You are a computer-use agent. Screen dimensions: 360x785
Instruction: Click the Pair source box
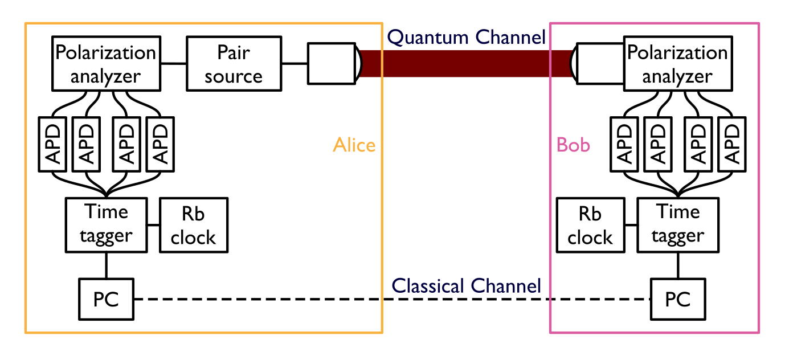coord(234,63)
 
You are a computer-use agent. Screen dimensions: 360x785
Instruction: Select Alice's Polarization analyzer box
coord(105,63)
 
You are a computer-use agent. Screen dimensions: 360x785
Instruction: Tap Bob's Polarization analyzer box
coord(677,63)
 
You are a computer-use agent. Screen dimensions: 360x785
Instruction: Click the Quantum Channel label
coord(466,38)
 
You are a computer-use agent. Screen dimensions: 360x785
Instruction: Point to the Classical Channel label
coord(466,285)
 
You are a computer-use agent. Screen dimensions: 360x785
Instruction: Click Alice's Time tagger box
coord(106,224)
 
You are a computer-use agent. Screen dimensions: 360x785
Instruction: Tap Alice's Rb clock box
coord(194,225)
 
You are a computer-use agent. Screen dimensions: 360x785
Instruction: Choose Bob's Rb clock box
coord(590,225)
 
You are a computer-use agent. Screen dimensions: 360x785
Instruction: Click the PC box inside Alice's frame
coord(106,299)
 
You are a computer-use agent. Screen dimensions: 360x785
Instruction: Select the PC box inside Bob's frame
coord(678,299)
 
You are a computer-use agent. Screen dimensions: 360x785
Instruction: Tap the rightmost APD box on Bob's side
coord(731,144)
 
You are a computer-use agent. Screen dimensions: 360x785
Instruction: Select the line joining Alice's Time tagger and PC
coord(106,265)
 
